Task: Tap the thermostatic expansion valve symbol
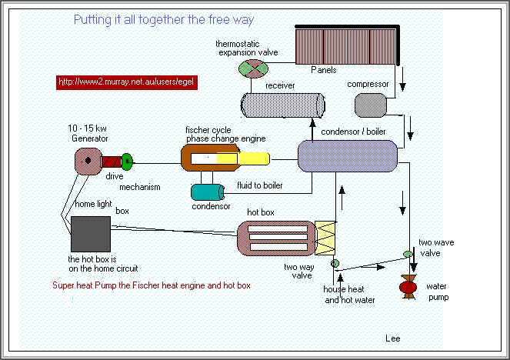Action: pyautogui.click(x=252, y=69)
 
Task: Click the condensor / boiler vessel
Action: pyautogui.click(x=347, y=156)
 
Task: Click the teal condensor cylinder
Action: pyautogui.click(x=206, y=193)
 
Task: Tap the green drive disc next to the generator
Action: pyautogui.click(x=128, y=162)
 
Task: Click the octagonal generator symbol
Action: pyautogui.click(x=88, y=161)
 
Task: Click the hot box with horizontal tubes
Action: pyautogui.click(x=275, y=238)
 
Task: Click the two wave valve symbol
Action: pyautogui.click(x=408, y=255)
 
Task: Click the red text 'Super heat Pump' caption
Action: pyautogui.click(x=152, y=285)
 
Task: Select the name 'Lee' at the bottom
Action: pyautogui.click(x=392, y=338)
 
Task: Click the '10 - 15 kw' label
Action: pyautogui.click(x=87, y=128)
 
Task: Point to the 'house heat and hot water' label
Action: pyautogui.click(x=349, y=295)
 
